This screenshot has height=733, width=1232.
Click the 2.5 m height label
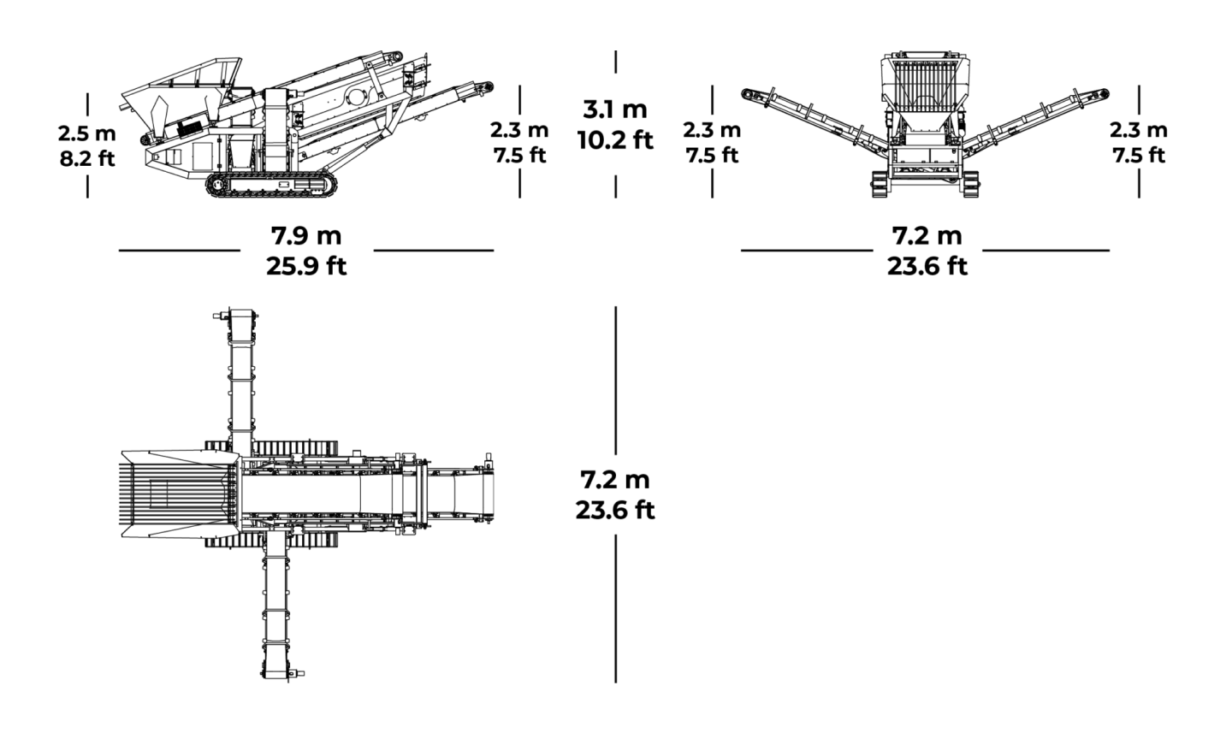87,133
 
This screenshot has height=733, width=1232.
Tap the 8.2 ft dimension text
87,159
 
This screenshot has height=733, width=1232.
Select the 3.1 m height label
615,109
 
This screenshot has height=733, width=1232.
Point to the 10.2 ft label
615,140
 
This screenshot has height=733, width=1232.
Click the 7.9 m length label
306,236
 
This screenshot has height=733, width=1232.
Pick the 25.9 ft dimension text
306,267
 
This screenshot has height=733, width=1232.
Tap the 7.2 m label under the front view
927,236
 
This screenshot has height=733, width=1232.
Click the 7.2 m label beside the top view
615,480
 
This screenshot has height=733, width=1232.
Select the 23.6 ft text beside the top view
615,511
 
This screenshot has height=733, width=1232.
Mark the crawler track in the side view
271,185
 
